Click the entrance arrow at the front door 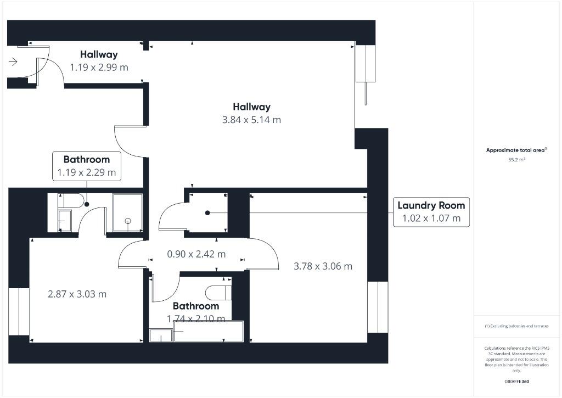point(13,62)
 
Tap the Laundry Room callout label point(431,206)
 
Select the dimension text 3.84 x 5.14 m point(251,120)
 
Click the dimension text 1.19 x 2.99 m point(99,67)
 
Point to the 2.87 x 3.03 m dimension point(77,294)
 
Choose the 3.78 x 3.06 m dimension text point(323,266)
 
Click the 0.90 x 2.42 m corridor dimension point(196,254)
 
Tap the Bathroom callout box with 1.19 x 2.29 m point(87,166)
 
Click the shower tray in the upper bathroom point(127,213)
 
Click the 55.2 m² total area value point(516,160)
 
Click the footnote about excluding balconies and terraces point(516,326)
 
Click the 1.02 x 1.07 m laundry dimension point(431,218)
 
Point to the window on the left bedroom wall point(19,311)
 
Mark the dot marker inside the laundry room point(207,212)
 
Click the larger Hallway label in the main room point(251,107)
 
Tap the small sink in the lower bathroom point(160,335)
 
